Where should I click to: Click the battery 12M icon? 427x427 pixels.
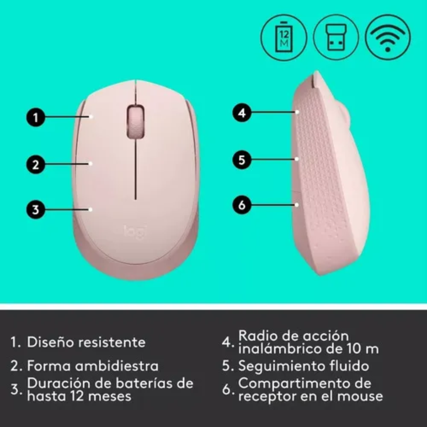click(284, 38)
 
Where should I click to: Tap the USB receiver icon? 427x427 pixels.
click(336, 38)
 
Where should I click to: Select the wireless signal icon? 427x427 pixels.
click(388, 37)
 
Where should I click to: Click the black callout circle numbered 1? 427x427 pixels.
click(36, 118)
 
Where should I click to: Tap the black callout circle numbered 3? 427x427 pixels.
click(36, 210)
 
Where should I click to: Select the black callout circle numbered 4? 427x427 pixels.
click(242, 112)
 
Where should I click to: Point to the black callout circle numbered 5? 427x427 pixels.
click(242, 160)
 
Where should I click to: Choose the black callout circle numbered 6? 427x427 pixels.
click(242, 204)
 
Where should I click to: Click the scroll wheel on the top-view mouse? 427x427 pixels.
click(135, 121)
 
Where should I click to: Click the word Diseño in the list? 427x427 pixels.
click(50, 342)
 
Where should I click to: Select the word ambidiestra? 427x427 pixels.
click(117, 365)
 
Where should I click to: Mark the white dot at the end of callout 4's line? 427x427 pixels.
click(297, 112)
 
